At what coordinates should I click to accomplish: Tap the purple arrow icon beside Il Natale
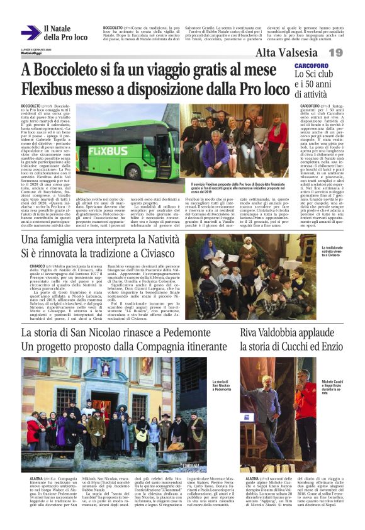click(30, 33)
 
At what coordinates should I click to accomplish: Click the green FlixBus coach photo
click(122, 149)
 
